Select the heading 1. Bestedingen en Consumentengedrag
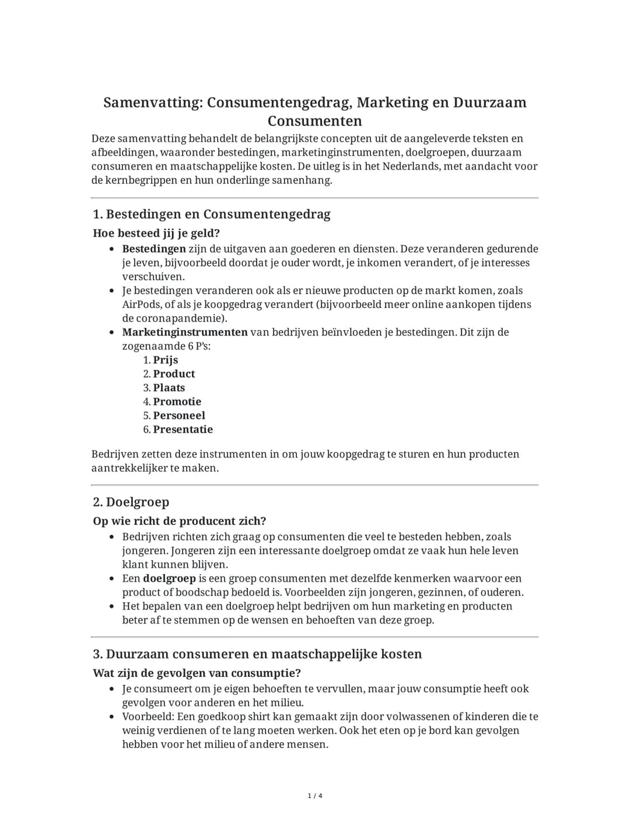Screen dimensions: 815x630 211,214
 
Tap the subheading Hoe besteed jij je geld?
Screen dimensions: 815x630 156,233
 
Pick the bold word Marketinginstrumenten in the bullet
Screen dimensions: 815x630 185,333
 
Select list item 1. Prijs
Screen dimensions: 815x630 161,360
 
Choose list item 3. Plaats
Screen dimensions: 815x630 164,388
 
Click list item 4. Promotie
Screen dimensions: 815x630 172,402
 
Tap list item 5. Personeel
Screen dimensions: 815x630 174,416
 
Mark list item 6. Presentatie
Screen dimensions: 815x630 178,430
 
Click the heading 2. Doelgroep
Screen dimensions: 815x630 131,502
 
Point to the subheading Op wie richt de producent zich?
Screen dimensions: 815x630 180,522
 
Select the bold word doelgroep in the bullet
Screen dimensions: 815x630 169,579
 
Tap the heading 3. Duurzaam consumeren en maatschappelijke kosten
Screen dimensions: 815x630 257,654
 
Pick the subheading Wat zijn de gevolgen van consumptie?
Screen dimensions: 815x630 197,673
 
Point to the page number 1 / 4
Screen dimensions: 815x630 315,796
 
